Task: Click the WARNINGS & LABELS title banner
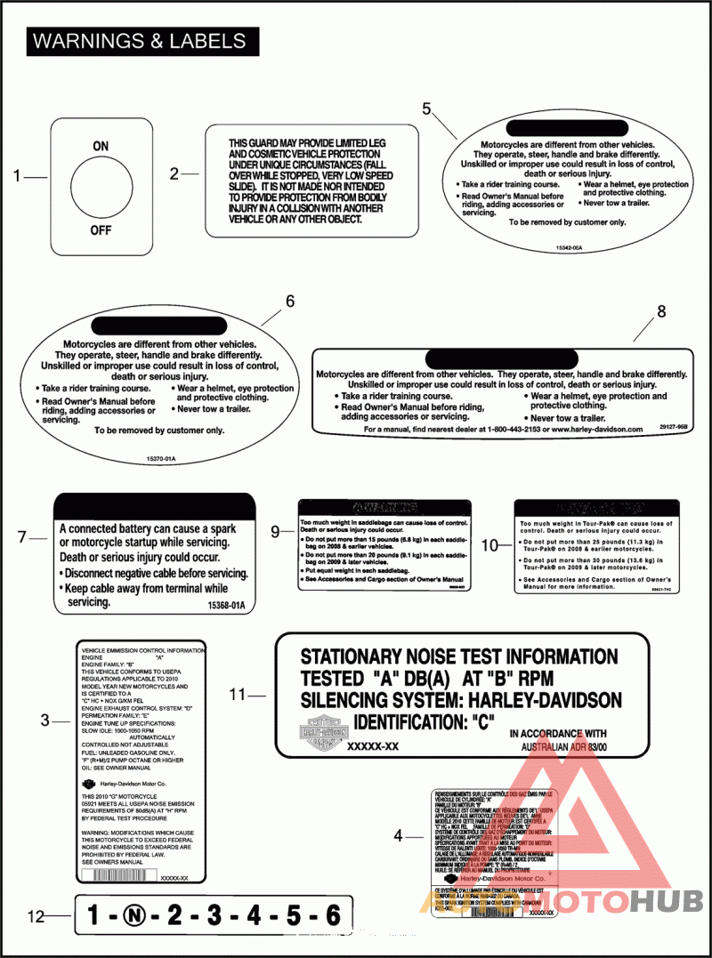tap(140, 41)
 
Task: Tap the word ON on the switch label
tap(101, 146)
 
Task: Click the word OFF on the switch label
tap(101, 231)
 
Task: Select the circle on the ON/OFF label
tap(101, 188)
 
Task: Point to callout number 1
tap(17, 176)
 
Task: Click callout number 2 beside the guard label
tap(174, 174)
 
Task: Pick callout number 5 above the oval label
tap(427, 109)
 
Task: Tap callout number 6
tap(289, 301)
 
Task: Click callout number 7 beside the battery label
tap(23, 536)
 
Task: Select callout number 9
tap(276, 531)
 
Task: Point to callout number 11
tap(237, 694)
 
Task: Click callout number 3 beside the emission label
tap(44, 721)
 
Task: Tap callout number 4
tap(399, 835)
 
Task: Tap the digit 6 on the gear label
tap(333, 914)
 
